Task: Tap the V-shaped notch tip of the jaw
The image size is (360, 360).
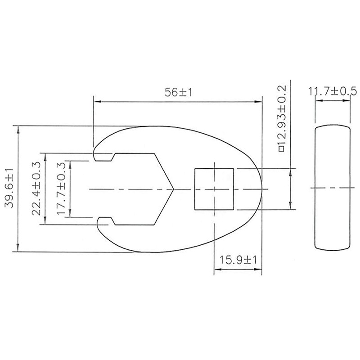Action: (x=174, y=189)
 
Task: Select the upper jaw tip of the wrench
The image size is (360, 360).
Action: (x=96, y=153)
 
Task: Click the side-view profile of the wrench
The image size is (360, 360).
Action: (x=332, y=188)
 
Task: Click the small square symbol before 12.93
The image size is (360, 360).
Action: (x=281, y=148)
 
